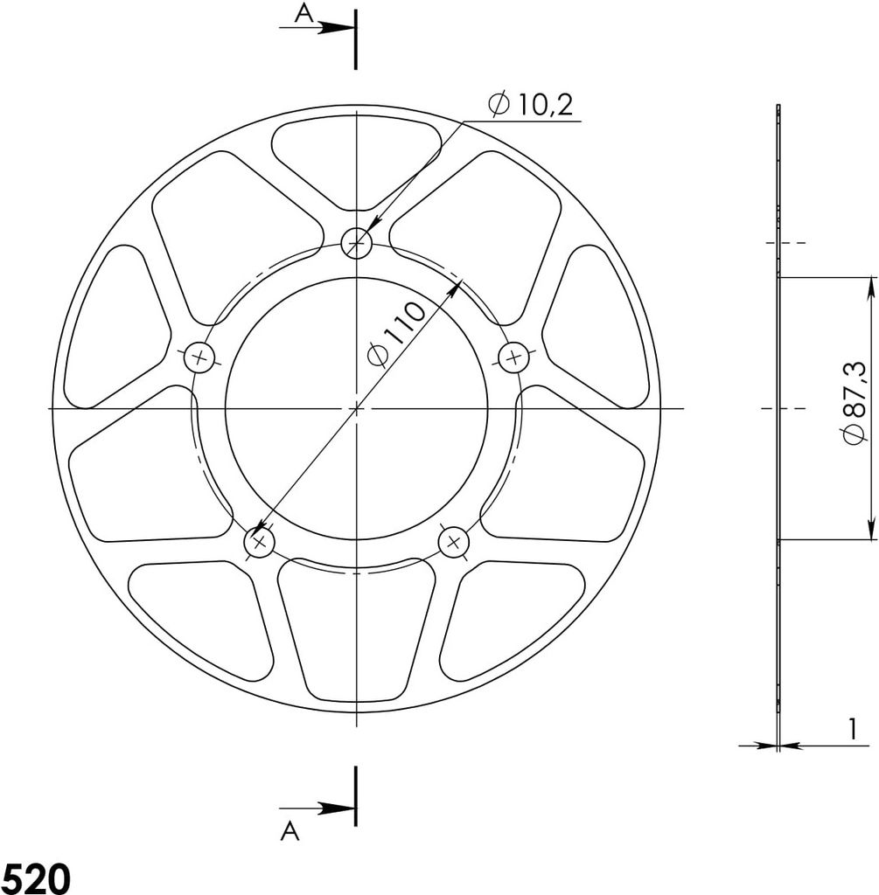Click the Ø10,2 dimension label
530,105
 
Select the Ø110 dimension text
396,334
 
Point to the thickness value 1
852,729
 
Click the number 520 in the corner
36,878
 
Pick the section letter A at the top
303,13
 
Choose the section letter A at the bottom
290,831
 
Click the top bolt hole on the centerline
356,244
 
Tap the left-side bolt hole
199,358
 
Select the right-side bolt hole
514,358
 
